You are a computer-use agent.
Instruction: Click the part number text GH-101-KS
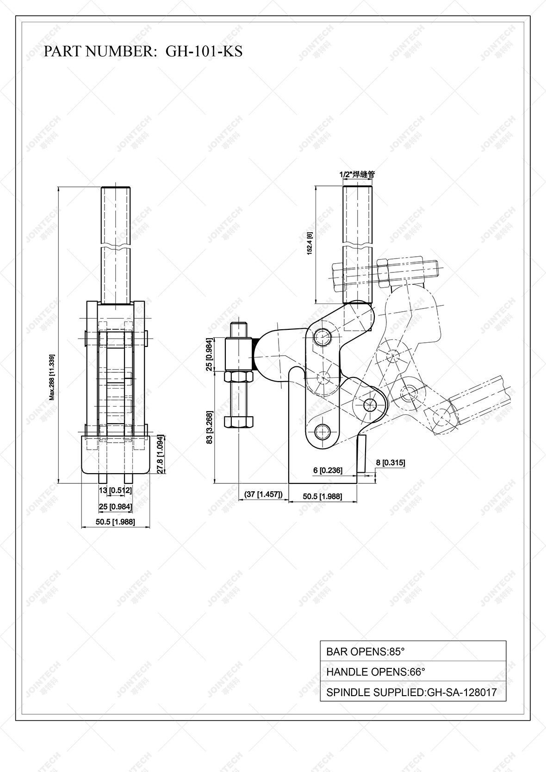[204, 51]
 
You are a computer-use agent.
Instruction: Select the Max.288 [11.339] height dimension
[52, 377]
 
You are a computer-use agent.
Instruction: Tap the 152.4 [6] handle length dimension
[310, 243]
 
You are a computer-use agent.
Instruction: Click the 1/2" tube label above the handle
[357, 175]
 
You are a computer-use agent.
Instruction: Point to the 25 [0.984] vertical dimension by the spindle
[210, 355]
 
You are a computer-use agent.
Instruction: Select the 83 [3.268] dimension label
[210, 427]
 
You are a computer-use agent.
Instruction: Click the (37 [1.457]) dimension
[263, 494]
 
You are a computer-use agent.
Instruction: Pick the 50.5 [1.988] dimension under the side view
[323, 496]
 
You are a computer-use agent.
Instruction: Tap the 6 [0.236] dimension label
[328, 470]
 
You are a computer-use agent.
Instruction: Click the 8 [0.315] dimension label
[391, 462]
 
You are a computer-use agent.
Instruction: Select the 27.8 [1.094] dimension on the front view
[161, 454]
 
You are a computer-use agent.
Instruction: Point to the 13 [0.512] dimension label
[115, 490]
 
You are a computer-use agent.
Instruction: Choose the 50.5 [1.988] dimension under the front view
[115, 522]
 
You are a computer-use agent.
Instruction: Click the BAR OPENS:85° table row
[413, 651]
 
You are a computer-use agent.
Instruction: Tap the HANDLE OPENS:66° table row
[413, 672]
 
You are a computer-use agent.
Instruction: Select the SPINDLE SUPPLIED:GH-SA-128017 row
[413, 692]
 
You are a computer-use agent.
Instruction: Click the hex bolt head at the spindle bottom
[238, 422]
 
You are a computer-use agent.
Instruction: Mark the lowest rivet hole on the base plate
[323, 432]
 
